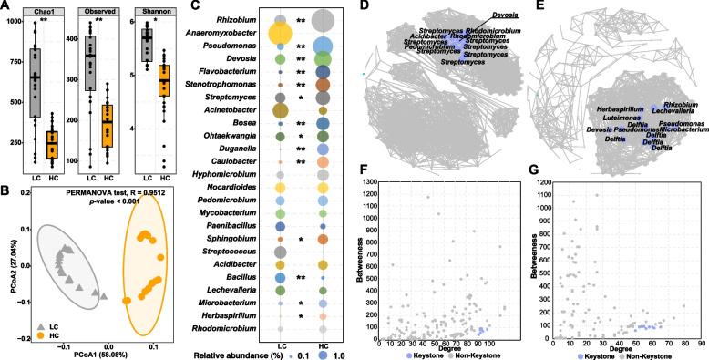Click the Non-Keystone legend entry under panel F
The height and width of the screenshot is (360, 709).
click(474, 354)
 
